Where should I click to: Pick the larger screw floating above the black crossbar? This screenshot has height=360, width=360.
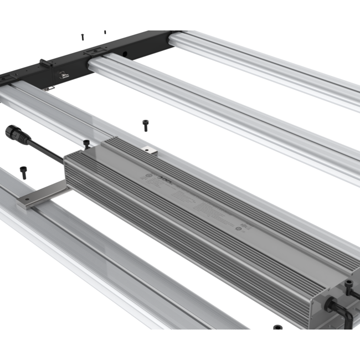(x=83, y=37)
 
